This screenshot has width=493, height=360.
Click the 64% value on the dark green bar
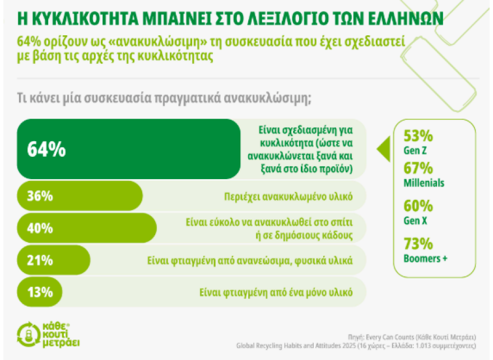click(46, 150)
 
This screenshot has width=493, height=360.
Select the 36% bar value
click(39, 197)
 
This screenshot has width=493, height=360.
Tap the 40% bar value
click(39, 228)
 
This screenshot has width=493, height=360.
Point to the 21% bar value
click(39, 260)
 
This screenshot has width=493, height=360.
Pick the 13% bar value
click(39, 292)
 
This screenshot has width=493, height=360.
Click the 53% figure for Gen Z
click(418, 137)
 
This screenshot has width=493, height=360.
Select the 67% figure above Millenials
click(418, 169)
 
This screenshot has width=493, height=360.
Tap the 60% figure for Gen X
click(418, 206)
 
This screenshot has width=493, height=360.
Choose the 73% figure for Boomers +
click(418, 244)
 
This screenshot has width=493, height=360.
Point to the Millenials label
click(424, 183)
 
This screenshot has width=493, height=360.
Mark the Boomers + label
click(426, 258)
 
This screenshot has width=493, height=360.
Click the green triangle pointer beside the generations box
click(383, 150)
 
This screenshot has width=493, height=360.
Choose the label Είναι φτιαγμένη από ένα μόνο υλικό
click(276, 292)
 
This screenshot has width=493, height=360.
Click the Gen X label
click(416, 220)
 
